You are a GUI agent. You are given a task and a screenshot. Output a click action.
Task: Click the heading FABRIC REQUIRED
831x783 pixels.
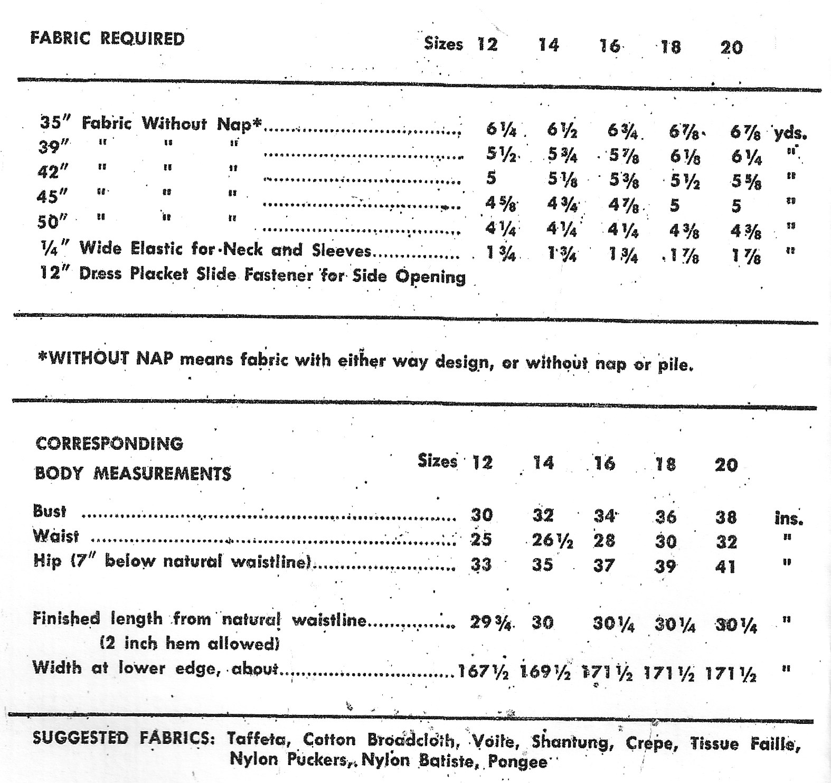(108, 39)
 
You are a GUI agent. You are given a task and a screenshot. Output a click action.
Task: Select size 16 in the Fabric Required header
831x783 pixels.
(610, 46)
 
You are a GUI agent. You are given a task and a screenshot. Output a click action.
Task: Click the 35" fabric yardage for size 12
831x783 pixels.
(501, 129)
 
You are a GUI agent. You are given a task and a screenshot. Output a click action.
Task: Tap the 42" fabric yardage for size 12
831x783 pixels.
(491, 178)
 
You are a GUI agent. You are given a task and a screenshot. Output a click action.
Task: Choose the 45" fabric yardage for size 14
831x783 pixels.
(562, 204)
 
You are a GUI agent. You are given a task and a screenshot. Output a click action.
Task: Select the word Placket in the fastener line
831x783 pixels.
(159, 275)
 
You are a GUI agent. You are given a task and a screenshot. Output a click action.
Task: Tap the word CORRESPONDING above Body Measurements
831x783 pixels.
(109, 444)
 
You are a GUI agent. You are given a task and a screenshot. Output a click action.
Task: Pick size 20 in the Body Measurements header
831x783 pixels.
(726, 465)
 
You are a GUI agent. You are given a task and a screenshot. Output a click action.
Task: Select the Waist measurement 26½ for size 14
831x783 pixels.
(552, 540)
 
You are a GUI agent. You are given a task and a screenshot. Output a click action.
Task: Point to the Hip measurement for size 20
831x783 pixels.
(725, 567)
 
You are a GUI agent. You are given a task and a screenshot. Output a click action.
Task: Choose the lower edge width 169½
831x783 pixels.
(545, 673)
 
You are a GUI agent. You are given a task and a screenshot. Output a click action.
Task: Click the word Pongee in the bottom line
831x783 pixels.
(517, 762)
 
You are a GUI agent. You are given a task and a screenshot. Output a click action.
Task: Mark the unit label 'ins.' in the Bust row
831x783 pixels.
(789, 518)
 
